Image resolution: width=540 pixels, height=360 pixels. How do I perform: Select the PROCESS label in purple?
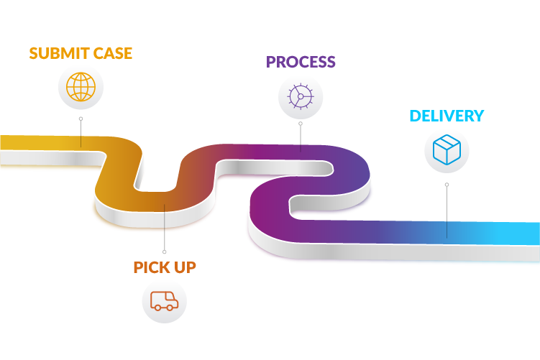(301, 62)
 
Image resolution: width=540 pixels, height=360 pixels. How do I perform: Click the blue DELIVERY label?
(446, 116)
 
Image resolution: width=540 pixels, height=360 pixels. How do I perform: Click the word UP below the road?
(183, 267)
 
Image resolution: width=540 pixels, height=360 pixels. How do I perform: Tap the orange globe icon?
(81, 87)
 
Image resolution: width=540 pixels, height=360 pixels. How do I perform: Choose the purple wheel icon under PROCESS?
(301, 96)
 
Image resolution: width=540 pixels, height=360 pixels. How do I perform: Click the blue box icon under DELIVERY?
(447, 150)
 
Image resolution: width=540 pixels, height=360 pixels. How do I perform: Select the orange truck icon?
(164, 300)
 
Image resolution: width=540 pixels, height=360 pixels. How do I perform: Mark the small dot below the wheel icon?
(301, 124)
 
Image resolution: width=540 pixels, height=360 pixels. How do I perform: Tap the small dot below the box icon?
(447, 185)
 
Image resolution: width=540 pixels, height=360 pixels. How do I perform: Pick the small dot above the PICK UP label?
(164, 251)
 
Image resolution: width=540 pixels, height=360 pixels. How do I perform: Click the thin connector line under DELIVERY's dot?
(447, 212)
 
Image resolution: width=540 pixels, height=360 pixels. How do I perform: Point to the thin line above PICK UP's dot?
(164, 230)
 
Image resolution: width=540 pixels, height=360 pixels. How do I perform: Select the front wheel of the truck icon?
(172, 307)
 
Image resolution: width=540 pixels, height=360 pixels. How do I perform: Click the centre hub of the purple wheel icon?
(300, 96)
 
